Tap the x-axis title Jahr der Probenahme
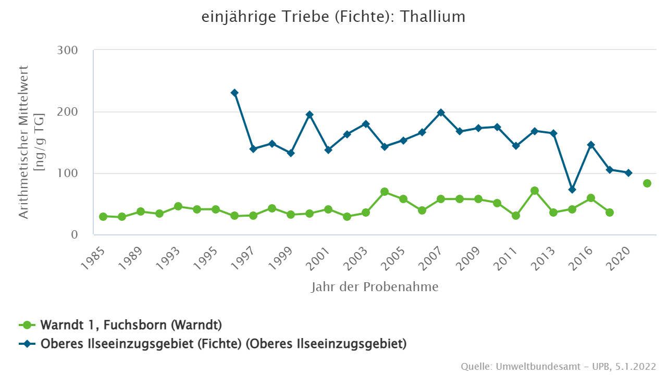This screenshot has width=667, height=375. pyautogui.click(x=375, y=287)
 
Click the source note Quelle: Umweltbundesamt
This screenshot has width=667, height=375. pyautogui.click(x=558, y=367)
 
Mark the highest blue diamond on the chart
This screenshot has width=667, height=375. pyautogui.click(x=234, y=93)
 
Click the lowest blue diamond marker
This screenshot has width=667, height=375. pyautogui.click(x=572, y=190)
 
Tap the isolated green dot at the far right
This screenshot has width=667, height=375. pyautogui.click(x=647, y=183)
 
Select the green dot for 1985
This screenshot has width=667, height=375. pyautogui.click(x=103, y=217)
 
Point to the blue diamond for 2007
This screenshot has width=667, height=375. pyautogui.click(x=441, y=113)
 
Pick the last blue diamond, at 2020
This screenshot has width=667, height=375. pyautogui.click(x=628, y=173)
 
